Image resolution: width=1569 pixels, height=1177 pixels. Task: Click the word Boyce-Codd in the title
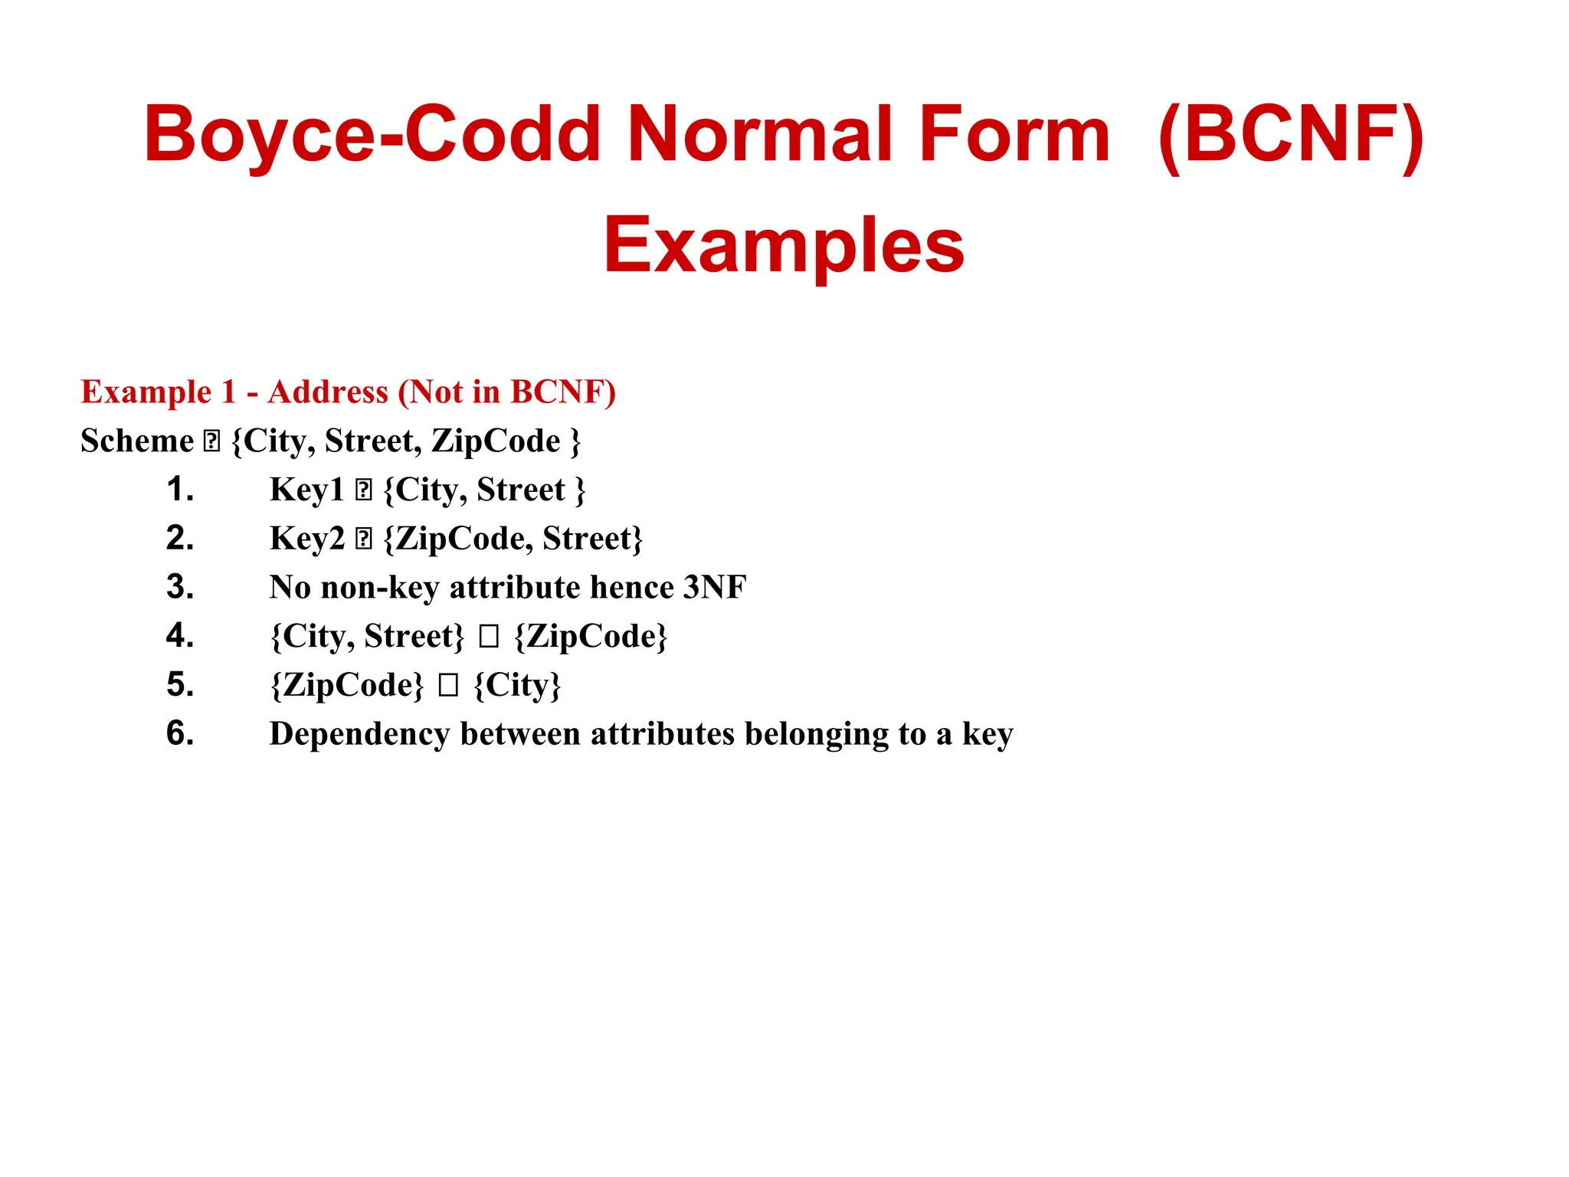point(372,135)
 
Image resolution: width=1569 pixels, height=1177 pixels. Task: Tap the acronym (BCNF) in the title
point(1290,135)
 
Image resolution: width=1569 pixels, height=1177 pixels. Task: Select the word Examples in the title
point(784,245)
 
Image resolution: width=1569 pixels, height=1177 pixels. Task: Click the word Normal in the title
point(759,135)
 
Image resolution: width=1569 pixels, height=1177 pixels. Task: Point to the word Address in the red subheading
point(328,392)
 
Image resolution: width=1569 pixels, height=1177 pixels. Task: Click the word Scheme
point(137,441)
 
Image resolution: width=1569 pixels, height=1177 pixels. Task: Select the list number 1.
point(180,490)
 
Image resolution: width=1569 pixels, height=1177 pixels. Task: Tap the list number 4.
point(180,636)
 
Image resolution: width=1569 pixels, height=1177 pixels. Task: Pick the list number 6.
point(180,734)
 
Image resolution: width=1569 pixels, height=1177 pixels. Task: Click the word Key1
point(306,490)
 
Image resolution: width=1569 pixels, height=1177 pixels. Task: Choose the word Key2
point(306,539)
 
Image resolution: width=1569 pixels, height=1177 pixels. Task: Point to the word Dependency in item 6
point(359,734)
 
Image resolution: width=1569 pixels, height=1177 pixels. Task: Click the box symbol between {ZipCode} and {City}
point(448,686)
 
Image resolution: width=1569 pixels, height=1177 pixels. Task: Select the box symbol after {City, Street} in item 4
point(489,637)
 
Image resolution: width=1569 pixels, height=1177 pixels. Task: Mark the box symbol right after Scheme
point(211,441)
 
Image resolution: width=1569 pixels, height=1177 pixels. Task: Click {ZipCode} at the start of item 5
point(346,685)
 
